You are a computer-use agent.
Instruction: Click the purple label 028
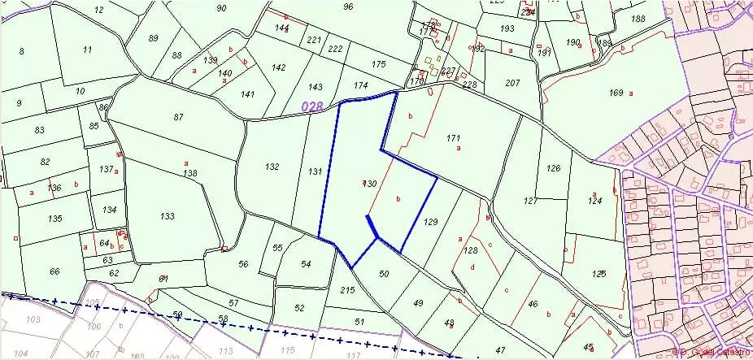click(312, 106)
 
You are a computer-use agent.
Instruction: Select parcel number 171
click(454, 138)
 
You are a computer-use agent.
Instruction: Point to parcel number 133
click(168, 216)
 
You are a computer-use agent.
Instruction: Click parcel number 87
click(179, 118)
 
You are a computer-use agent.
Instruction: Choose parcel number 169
click(616, 93)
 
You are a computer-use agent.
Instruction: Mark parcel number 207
click(512, 84)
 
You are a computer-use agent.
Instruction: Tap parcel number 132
click(272, 167)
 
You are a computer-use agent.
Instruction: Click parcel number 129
click(431, 222)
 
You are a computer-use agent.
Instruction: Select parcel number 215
click(347, 290)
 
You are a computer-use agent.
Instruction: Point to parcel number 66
click(54, 271)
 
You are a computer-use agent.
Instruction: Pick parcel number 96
click(348, 7)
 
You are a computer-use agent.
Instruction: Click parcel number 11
click(87, 50)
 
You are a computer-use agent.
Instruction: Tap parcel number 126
click(554, 168)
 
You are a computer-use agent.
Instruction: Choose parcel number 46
click(533, 304)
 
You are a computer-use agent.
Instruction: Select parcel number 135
click(54, 219)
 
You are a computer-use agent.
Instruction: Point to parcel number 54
click(306, 264)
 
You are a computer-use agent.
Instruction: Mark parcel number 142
click(279, 67)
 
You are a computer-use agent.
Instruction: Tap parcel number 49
click(418, 303)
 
